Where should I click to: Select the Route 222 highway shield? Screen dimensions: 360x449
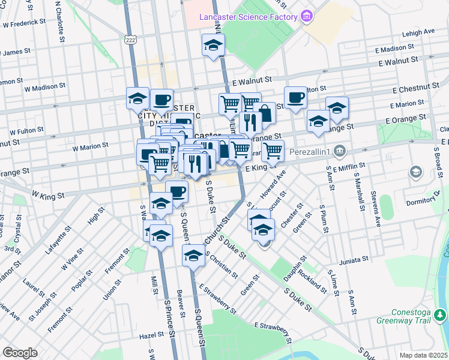pos(130,39)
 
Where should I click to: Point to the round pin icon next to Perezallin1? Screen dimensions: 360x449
pos(340,149)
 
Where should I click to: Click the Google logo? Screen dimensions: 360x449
pos(20,352)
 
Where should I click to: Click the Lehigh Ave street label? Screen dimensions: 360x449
pos(418,32)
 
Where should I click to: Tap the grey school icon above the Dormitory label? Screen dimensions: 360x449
pos(415,173)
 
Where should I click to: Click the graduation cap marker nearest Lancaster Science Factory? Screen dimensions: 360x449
pos(212,46)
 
